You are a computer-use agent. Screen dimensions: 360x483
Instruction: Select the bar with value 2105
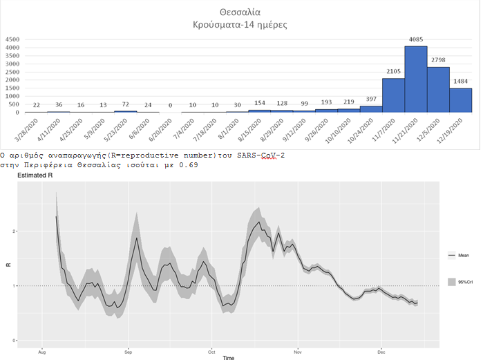[393, 95]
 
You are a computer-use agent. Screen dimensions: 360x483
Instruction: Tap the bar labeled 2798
[438, 89]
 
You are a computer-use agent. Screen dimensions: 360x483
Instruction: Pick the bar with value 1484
[460, 100]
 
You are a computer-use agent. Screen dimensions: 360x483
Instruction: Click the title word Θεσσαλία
[239, 12]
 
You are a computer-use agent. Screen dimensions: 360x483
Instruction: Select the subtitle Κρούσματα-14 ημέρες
[239, 25]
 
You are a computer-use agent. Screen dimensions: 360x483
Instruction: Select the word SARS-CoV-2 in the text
[259, 155]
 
